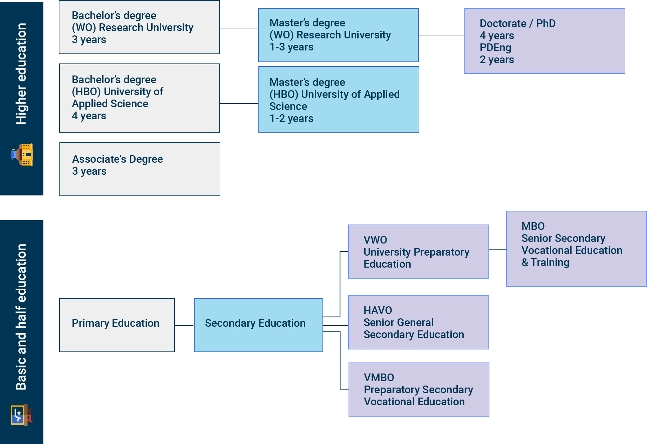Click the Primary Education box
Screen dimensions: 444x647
117,325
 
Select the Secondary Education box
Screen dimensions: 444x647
258,325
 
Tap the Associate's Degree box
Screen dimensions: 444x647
140,169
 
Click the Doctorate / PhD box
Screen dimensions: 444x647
545,41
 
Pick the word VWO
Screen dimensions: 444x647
375,240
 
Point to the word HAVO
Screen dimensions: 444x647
378,310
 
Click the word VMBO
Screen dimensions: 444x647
379,378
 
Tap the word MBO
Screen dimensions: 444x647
533,226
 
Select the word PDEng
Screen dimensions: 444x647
495,48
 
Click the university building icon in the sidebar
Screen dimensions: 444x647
22,155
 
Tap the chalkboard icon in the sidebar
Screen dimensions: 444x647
21,415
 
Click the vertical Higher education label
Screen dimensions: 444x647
21,74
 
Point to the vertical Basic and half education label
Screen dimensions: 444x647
21,317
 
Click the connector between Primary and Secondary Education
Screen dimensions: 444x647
184,325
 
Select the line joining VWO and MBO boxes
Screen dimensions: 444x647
497,249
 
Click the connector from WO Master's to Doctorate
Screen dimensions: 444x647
441,35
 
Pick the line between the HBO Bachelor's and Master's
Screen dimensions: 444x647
239,104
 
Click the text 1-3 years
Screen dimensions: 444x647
291,47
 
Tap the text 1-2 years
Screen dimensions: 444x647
291,119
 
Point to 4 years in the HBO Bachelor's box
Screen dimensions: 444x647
89,116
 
